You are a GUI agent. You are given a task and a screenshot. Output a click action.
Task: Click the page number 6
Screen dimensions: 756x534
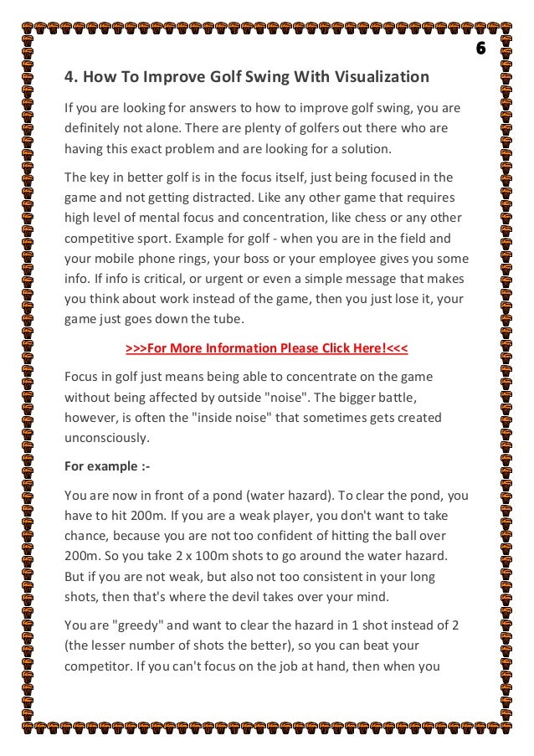coord(480,48)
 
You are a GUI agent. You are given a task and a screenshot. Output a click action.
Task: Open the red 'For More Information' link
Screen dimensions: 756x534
coord(266,347)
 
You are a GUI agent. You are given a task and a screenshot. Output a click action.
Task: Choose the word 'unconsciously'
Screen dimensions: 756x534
coord(106,436)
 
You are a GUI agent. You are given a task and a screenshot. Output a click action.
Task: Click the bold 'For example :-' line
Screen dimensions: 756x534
coord(103,465)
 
